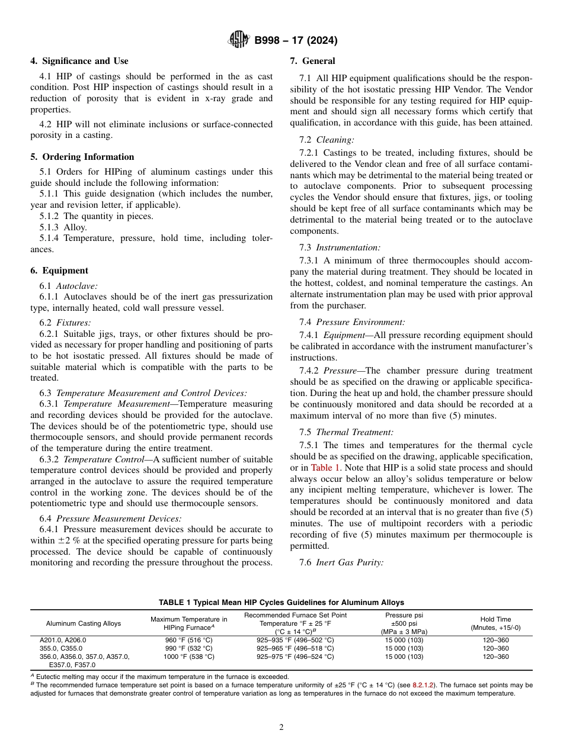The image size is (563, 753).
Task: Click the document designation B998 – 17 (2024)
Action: (296, 41)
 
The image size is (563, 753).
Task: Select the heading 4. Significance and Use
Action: (79, 61)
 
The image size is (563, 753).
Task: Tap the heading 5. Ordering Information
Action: (82, 157)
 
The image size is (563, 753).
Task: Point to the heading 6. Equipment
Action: (59, 271)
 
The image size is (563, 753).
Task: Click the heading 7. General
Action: (312, 61)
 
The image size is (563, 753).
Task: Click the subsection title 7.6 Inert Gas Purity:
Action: (341, 562)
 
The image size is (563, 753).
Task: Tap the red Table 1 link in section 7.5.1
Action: (322, 468)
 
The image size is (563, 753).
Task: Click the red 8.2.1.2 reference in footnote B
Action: (420, 685)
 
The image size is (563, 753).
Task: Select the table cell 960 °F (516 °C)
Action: (188, 640)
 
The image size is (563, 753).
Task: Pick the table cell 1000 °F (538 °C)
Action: (188, 657)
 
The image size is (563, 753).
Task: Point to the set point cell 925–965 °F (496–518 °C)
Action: (295, 648)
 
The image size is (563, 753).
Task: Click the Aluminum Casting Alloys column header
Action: (83, 623)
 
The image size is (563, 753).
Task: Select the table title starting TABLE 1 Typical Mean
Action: (281, 603)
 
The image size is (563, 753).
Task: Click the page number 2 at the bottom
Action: (281, 728)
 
